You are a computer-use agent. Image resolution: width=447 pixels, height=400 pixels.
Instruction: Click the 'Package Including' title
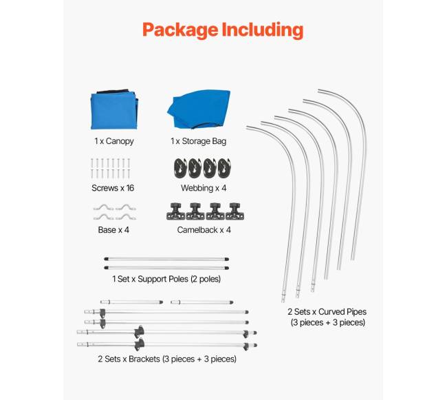[x=222, y=30]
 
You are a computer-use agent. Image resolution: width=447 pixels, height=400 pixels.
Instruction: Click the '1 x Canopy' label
[x=114, y=141]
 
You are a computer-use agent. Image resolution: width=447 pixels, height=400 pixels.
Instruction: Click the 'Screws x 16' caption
[x=113, y=187]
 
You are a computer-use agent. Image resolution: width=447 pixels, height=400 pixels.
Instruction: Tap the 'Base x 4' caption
[x=112, y=230]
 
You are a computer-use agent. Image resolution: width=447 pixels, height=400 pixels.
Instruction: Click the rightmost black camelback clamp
[x=235, y=211]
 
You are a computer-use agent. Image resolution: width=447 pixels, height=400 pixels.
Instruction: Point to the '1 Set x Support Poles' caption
[x=171, y=279]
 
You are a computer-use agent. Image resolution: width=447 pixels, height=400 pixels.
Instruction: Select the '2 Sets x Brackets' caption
[x=167, y=359]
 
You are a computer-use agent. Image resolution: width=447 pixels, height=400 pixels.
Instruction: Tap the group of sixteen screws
[x=109, y=168]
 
